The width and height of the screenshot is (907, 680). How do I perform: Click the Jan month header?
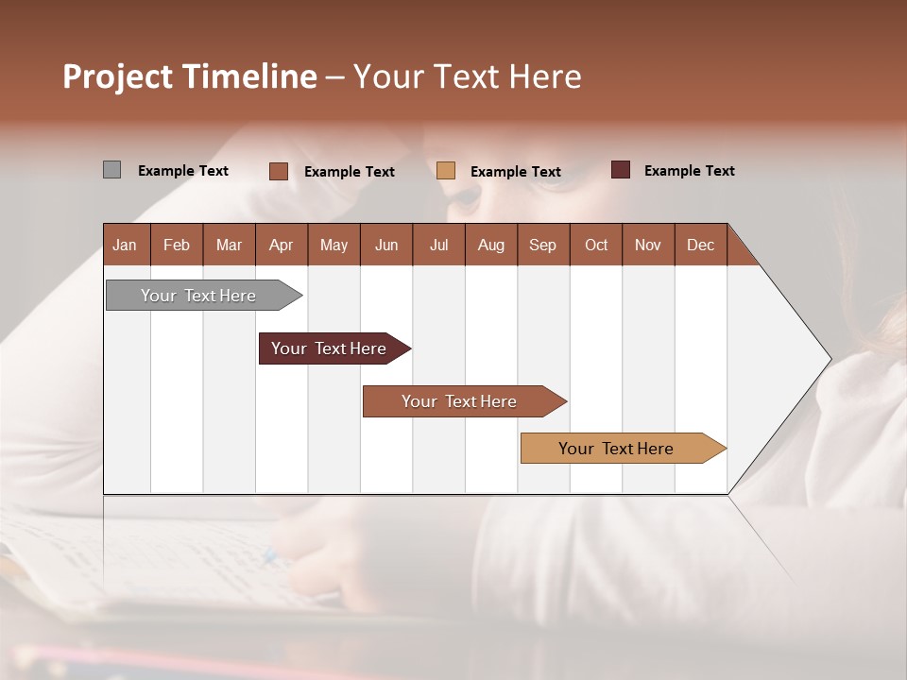click(126, 245)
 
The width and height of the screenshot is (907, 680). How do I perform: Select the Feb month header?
click(177, 245)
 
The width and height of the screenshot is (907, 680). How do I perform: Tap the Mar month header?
click(229, 245)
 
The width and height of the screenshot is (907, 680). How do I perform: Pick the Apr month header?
click(282, 245)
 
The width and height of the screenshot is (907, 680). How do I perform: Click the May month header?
click(334, 245)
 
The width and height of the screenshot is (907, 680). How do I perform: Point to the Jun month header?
click(386, 245)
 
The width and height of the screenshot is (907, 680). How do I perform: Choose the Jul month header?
click(438, 245)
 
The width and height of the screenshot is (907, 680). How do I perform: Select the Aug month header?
click(491, 245)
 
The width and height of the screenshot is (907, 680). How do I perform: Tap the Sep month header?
click(543, 245)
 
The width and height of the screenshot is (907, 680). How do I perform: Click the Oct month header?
click(596, 245)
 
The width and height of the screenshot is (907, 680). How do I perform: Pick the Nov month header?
click(648, 245)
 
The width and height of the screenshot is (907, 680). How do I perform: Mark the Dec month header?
click(701, 245)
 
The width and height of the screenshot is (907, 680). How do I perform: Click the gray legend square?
click(111, 170)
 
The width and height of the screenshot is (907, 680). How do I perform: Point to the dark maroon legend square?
click(620, 170)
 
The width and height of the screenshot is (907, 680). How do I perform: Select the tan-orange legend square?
click(446, 171)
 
